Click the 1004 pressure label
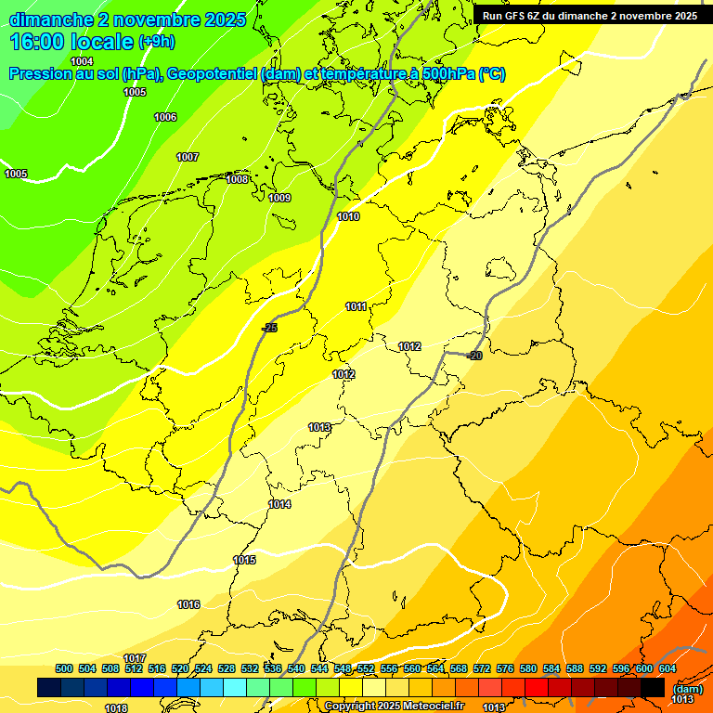tap(82, 61)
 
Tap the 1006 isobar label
tap(165, 117)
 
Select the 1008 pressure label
tap(237, 179)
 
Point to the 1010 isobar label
tap(348, 216)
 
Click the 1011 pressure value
tap(356, 306)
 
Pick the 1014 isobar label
tap(279, 504)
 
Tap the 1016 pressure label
tap(188, 604)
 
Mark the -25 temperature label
tap(269, 328)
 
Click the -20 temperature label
tap(474, 356)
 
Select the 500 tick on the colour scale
tap(64, 668)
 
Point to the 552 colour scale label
tap(366, 668)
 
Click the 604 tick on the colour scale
tap(668, 668)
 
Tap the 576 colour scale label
tap(505, 668)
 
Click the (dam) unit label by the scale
tap(686, 688)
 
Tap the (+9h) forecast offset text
tap(156, 42)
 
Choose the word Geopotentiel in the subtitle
tap(214, 74)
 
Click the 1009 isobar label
tap(279, 198)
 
